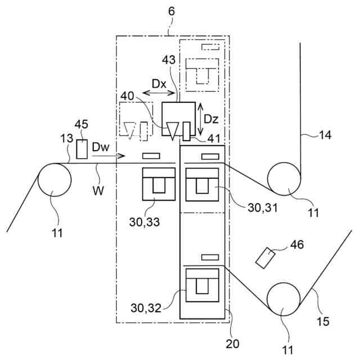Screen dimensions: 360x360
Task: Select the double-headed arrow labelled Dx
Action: coord(157,92)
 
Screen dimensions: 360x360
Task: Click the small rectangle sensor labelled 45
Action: coord(82,149)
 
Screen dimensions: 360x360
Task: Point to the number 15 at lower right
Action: coord(323,322)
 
